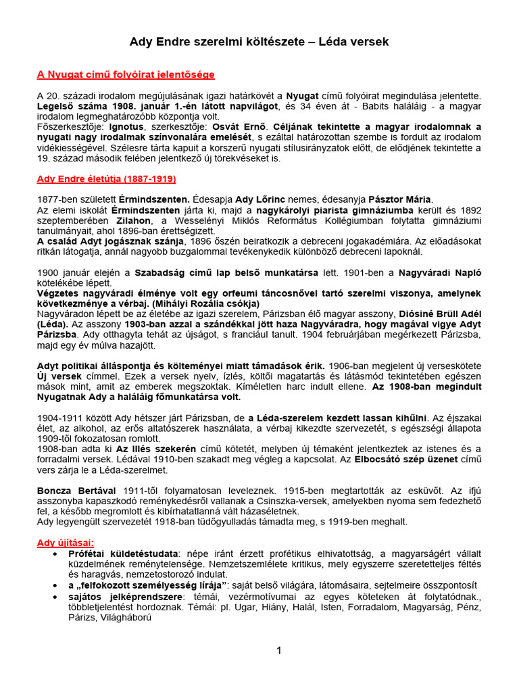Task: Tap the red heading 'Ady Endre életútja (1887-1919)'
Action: click(x=106, y=179)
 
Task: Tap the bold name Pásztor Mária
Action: click(x=399, y=199)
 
